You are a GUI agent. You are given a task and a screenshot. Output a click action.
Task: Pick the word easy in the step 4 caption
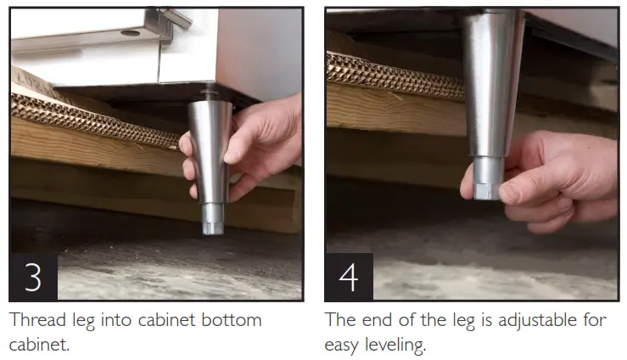343,346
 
